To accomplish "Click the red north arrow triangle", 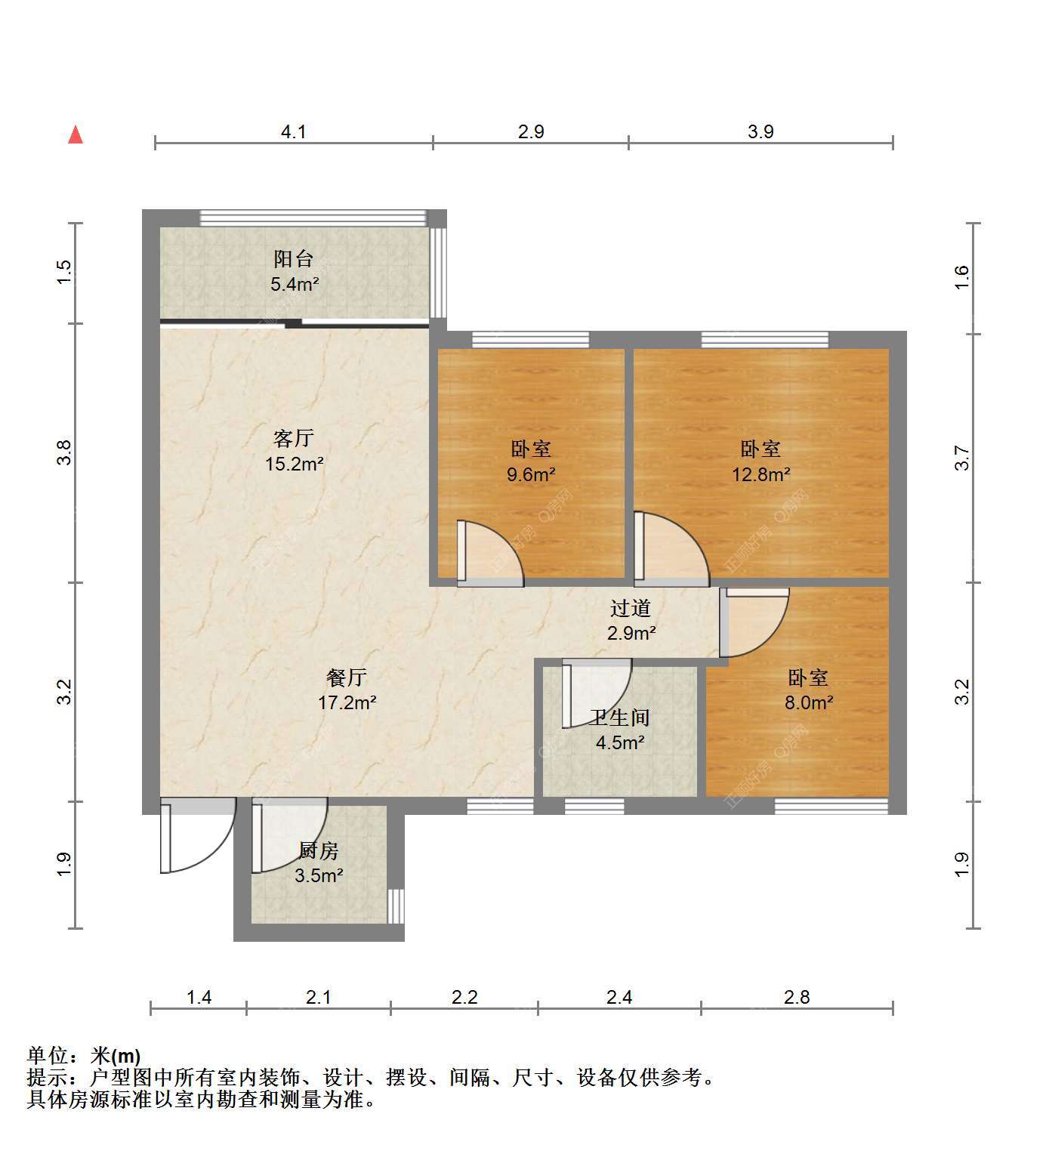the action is pyautogui.click(x=76, y=135).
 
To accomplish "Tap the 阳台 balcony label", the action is pyautogui.click(x=293, y=259).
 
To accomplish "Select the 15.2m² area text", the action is pyautogui.click(x=295, y=464).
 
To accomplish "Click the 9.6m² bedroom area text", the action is pyautogui.click(x=531, y=474).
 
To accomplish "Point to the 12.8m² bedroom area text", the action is pyautogui.click(x=761, y=474).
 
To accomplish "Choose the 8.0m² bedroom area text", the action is pyautogui.click(x=809, y=702).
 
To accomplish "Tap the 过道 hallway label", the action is pyautogui.click(x=631, y=608).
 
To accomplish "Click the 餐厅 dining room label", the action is pyautogui.click(x=347, y=677).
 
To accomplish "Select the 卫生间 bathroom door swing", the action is pyautogui.click(x=597, y=693).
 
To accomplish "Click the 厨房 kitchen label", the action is pyautogui.click(x=319, y=850).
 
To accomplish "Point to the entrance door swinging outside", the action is pyautogui.click(x=198, y=835).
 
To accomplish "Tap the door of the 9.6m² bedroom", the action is pyautogui.click(x=490, y=554).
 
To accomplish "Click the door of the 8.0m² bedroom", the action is pyautogui.click(x=754, y=622).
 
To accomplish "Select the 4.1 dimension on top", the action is pyautogui.click(x=293, y=132).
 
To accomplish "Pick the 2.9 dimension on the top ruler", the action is pyautogui.click(x=531, y=132).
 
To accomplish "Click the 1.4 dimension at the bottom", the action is pyautogui.click(x=199, y=997).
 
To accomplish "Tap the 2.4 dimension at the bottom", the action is pyautogui.click(x=619, y=997).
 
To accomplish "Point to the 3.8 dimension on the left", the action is pyautogui.click(x=63, y=452).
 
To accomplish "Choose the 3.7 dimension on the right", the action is pyautogui.click(x=962, y=458).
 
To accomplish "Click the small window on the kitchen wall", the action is pyautogui.click(x=396, y=906).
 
